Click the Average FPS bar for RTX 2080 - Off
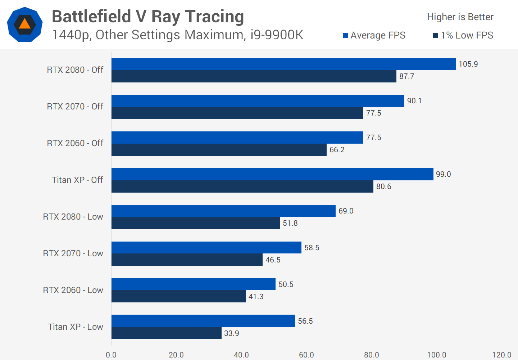283,64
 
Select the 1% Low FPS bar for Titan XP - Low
167,333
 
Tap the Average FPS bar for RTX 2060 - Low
194,284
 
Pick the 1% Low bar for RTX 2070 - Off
237,113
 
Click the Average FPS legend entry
374,35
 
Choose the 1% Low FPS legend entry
463,35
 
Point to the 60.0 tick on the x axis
306,355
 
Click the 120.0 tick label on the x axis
501,355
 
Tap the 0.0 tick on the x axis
111,355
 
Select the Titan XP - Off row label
77,180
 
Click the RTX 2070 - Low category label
73,253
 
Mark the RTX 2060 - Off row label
75,143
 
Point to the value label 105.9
468,64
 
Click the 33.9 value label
231,333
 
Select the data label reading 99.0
443,174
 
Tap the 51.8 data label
290,223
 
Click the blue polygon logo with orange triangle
25,24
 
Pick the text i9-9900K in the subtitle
277,35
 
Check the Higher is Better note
460,17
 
